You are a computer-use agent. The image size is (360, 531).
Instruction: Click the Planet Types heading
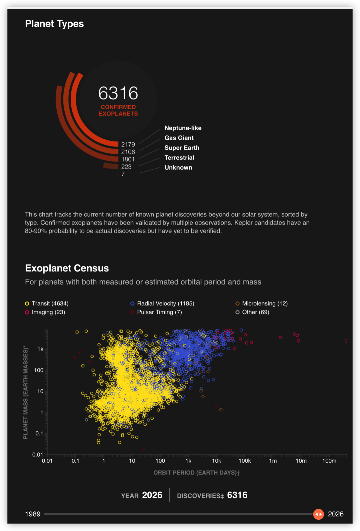coord(54,24)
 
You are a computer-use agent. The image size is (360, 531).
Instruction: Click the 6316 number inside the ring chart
coord(118,93)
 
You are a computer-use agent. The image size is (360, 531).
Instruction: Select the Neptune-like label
coord(183,128)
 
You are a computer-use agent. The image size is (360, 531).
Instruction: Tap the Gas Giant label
coord(179,138)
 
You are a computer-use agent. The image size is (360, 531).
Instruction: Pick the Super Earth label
coord(182,148)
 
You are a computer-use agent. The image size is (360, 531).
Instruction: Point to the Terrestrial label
coord(179,158)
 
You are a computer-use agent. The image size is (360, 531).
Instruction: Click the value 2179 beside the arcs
coord(128,144)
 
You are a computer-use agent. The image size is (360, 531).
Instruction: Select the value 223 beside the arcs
coord(126,167)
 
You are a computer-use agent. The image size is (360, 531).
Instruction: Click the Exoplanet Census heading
coord(67,268)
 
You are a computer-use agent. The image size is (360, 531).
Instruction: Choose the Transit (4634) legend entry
coord(47,303)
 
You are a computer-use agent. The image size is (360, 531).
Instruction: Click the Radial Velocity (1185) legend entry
coord(162,303)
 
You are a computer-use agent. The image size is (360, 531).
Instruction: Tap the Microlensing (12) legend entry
coord(261,303)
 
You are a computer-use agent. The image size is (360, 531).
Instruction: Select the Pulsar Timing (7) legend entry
coord(156,312)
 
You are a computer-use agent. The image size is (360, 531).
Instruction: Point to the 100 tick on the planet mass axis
coord(39,370)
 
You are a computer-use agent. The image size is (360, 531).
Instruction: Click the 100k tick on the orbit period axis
coord(245,461)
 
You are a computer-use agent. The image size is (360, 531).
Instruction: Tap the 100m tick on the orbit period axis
coord(329,461)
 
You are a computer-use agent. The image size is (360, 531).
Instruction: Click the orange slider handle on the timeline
coord(318,514)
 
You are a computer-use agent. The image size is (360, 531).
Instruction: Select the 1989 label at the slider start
coord(33,514)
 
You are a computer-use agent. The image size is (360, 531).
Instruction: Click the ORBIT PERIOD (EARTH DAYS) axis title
coord(196,473)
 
